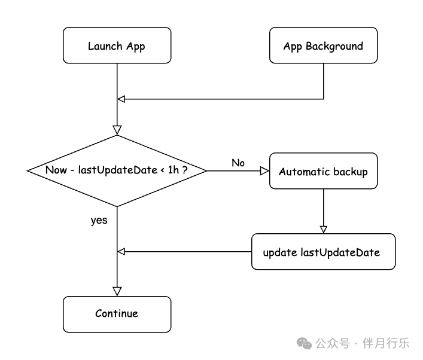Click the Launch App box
pos(117,45)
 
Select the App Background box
pos(323,45)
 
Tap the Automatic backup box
pos(323,171)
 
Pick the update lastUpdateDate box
pos(323,252)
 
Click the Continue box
pos(117,315)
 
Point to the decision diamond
pos(117,170)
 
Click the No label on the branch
pos(238,163)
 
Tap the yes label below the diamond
pos(99,220)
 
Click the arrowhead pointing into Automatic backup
pos(264,171)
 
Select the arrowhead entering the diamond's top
pos(117,130)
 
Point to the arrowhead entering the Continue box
pos(117,291)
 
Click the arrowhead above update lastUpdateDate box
pos(324,230)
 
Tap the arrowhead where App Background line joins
pos(121,99)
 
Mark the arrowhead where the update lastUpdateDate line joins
pos(121,252)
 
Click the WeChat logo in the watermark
pos(304,343)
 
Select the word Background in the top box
pos(334,47)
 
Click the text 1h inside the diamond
pos(174,170)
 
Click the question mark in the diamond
pos(185,170)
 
